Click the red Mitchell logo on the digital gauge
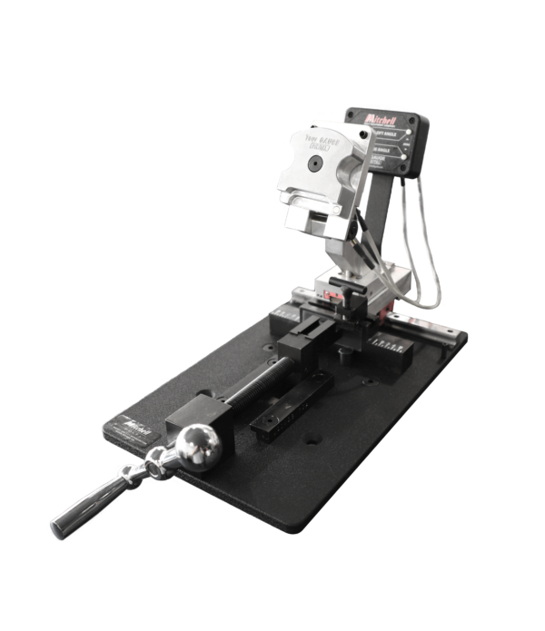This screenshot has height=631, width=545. (x=379, y=119)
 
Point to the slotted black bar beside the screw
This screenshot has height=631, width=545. (x=279, y=405)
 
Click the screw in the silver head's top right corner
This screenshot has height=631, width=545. (x=338, y=127)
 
